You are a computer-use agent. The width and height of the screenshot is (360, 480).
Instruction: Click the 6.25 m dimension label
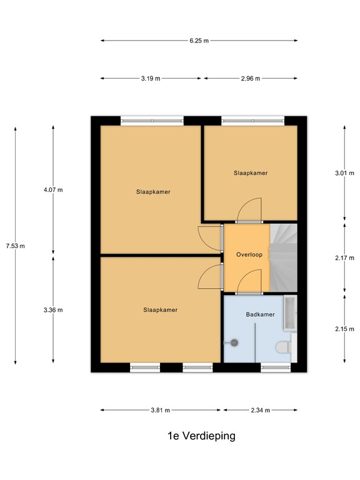(199, 41)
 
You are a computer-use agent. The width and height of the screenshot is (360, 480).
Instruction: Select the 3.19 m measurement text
(151, 79)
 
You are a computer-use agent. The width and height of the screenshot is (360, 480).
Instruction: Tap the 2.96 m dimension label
(250, 79)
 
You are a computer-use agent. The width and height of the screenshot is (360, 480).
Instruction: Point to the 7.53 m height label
(15, 246)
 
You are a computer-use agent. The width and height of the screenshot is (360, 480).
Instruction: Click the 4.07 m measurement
(53, 190)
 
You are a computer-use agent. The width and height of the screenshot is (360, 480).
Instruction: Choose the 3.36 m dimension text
(53, 309)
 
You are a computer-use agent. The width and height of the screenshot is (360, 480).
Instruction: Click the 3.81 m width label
(160, 410)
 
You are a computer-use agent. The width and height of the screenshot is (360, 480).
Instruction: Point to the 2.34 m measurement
(259, 410)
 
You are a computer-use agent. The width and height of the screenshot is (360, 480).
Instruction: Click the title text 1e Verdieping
(201, 436)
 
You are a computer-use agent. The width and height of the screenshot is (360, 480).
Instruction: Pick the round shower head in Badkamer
(235, 342)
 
